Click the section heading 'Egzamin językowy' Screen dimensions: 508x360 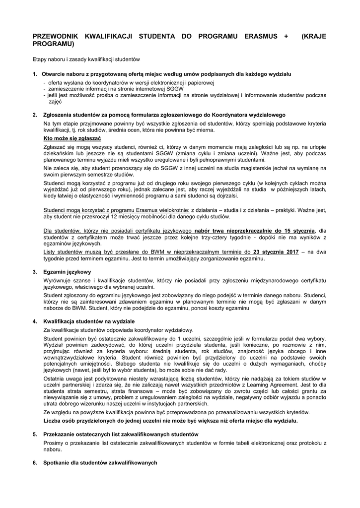click(x=67, y=272)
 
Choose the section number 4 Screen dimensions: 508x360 click(x=35, y=321)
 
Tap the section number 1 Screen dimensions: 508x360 click(x=35, y=74)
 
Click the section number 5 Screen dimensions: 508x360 click(x=35, y=434)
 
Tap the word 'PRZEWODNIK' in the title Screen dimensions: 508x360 click(x=55, y=37)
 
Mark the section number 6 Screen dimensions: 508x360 click(x=35, y=462)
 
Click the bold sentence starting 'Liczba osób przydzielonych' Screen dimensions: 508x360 click(x=170, y=421)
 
